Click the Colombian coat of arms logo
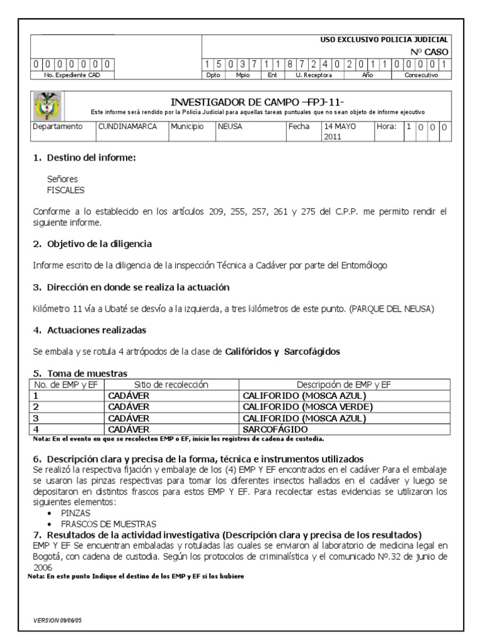click(x=47, y=105)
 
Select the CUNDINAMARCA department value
click(x=127, y=126)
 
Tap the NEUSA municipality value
click(x=229, y=126)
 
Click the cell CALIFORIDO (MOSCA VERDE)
click(x=308, y=406)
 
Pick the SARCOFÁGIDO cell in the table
click(x=276, y=429)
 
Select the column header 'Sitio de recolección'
click(x=171, y=384)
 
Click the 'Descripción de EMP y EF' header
click(x=343, y=384)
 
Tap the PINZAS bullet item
click(x=75, y=512)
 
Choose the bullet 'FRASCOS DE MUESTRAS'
click(x=108, y=524)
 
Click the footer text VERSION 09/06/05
click(x=58, y=619)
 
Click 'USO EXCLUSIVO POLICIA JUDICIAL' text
click(x=384, y=39)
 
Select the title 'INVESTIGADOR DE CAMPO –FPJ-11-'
click(x=257, y=102)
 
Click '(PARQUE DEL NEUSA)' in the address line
click(x=392, y=308)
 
